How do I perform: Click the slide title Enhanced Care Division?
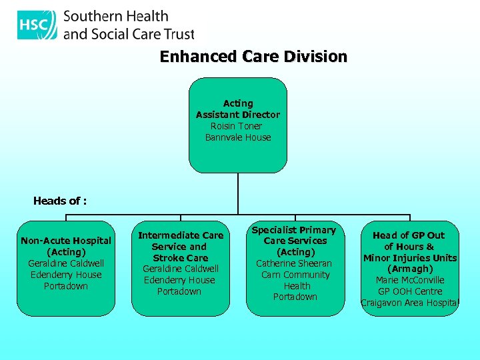253,57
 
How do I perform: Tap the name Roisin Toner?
237,126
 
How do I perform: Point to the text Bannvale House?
238,137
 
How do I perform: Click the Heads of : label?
60,201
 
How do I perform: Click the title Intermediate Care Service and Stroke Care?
181,247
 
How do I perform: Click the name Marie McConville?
410,280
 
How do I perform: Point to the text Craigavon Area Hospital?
410,303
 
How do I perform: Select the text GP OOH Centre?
410,291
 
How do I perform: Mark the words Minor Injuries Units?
410,258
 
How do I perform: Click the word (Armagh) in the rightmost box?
410,269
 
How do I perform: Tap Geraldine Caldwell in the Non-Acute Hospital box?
66,263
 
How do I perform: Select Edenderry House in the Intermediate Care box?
179,280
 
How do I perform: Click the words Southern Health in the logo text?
115,16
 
